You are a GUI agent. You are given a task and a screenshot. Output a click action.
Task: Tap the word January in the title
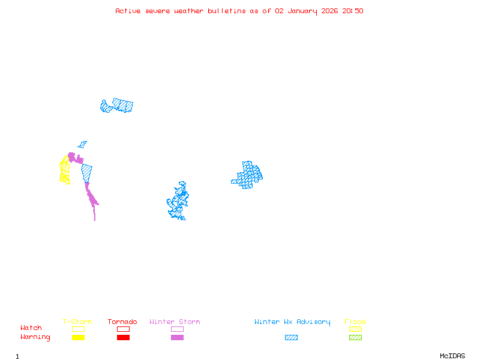(x=301, y=11)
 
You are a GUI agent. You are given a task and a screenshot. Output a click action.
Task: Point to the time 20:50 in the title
(x=353, y=11)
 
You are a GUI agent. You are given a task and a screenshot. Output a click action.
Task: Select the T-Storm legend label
(x=77, y=322)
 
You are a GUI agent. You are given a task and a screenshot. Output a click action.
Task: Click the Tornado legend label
(x=122, y=322)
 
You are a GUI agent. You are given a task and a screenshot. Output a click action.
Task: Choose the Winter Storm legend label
(x=175, y=322)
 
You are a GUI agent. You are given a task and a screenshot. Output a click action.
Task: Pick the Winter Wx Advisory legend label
(x=292, y=322)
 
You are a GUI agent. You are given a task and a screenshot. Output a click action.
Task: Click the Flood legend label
(x=355, y=322)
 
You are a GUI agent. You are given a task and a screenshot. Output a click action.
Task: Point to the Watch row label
(x=31, y=328)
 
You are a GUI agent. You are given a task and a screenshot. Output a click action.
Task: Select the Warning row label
(x=35, y=337)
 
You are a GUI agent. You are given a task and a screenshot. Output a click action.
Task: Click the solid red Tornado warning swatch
(x=123, y=338)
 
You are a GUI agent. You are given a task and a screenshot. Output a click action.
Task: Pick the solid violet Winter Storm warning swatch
(x=177, y=338)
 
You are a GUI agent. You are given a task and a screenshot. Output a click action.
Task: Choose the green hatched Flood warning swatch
(x=355, y=338)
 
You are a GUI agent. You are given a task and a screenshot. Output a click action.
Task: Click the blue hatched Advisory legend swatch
(x=291, y=338)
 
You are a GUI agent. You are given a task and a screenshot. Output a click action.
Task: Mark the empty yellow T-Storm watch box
(x=78, y=329)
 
